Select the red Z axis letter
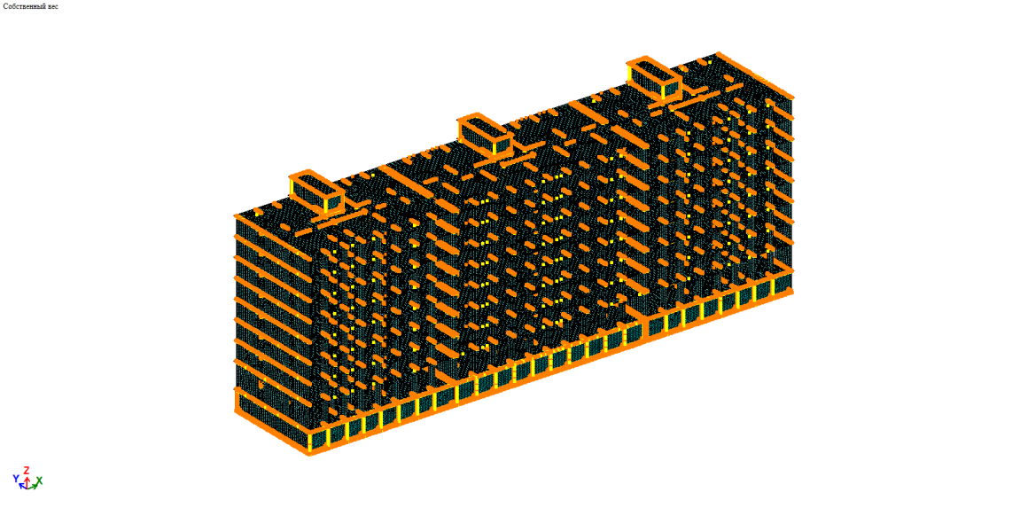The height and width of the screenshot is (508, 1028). (27, 470)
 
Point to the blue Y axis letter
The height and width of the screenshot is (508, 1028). (16, 479)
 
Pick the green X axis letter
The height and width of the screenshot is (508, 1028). (39, 481)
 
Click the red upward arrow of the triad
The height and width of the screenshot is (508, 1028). (27, 481)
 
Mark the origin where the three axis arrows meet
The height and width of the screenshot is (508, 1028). (27, 487)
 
